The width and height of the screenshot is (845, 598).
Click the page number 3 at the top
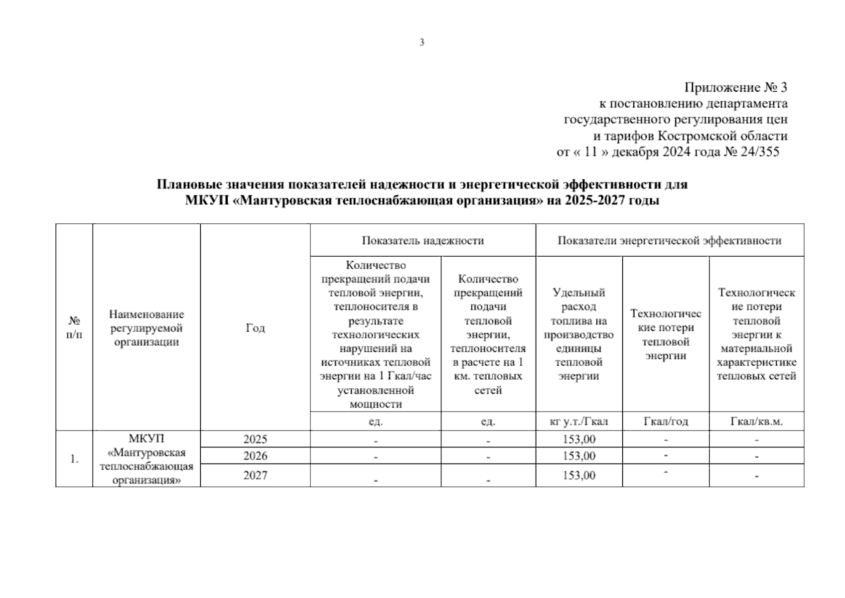[x=422, y=43]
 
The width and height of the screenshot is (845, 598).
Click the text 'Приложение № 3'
[x=735, y=88]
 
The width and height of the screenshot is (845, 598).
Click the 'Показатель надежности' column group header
[x=422, y=241]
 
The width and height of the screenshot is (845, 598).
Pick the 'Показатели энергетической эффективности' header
[x=669, y=241]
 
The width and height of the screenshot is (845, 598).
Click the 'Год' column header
[x=255, y=328]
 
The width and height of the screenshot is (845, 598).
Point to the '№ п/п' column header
[x=74, y=327]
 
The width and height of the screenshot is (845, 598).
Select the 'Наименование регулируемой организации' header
[x=146, y=328]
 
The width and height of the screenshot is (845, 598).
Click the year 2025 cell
[x=255, y=439]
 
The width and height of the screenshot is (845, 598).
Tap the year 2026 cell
[x=255, y=456]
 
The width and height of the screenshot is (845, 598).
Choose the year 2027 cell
[x=255, y=475]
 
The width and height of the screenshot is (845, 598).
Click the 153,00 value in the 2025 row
[x=579, y=439]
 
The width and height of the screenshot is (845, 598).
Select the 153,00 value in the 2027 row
[x=579, y=475]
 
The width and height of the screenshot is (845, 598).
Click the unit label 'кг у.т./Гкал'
[x=579, y=422]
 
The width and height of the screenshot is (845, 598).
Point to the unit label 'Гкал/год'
[x=666, y=422]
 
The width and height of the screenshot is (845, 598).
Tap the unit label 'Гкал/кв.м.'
[x=756, y=422]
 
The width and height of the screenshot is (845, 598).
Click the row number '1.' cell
[x=74, y=459]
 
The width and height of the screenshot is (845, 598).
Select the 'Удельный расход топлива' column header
[x=579, y=334]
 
